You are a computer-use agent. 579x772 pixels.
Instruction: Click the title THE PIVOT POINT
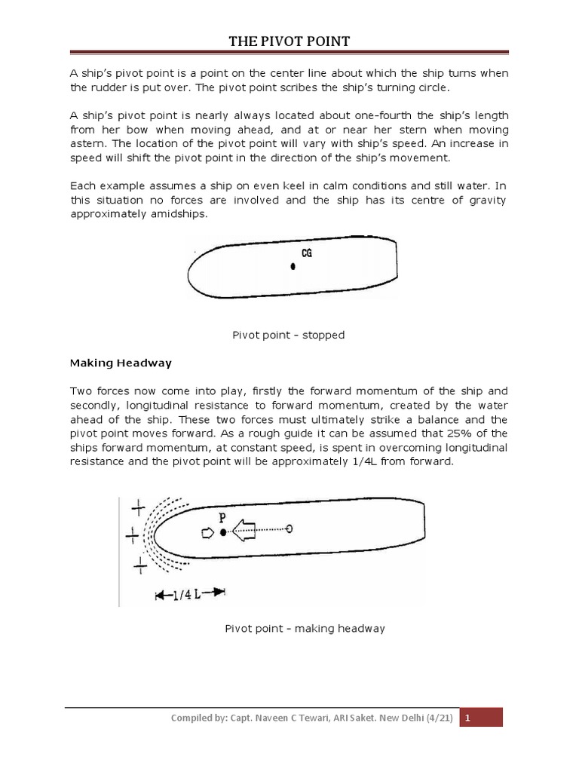(x=289, y=41)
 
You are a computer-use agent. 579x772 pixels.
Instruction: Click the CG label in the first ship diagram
(x=307, y=254)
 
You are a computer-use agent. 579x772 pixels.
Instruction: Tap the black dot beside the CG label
(x=293, y=266)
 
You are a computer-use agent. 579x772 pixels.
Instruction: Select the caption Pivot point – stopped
(x=289, y=335)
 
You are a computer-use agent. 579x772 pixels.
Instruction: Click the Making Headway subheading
(x=121, y=363)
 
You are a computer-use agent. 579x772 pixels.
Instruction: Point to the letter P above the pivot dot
(x=222, y=517)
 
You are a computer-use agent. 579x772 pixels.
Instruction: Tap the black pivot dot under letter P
(x=223, y=532)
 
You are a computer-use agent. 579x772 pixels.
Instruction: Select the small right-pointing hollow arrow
(x=207, y=532)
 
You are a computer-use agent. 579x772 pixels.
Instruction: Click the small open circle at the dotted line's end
(x=290, y=529)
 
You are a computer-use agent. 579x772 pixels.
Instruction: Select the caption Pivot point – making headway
(x=305, y=628)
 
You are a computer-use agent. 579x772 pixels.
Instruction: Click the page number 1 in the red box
(x=468, y=718)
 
